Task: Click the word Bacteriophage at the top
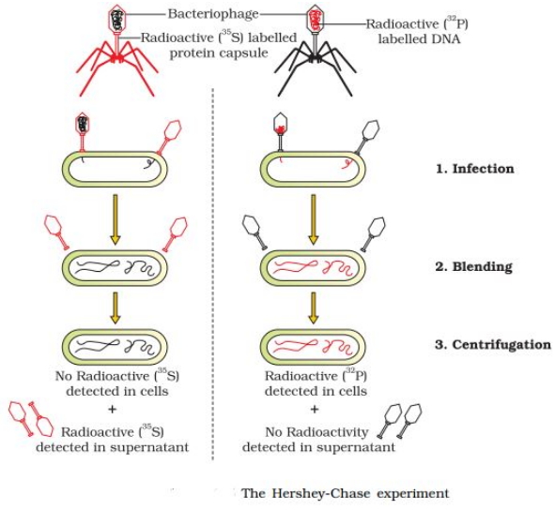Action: click(213, 14)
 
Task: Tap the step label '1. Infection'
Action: click(474, 169)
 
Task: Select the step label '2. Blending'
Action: click(473, 266)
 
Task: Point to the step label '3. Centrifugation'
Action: click(493, 345)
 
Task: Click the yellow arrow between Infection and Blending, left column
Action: click(115, 219)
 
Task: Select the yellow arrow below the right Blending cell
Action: click(313, 307)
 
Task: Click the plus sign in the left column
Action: click(112, 410)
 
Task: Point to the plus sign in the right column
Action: click(315, 410)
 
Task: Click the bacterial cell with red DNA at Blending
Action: click(313, 267)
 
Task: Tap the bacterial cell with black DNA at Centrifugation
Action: click(115, 347)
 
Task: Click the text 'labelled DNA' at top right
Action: click(419, 38)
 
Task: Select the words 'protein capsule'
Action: click(219, 53)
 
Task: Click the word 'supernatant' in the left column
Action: click(149, 447)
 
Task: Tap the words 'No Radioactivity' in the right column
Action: click(316, 432)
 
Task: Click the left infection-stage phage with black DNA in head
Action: click(83, 130)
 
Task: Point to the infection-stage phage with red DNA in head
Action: click(281, 130)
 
